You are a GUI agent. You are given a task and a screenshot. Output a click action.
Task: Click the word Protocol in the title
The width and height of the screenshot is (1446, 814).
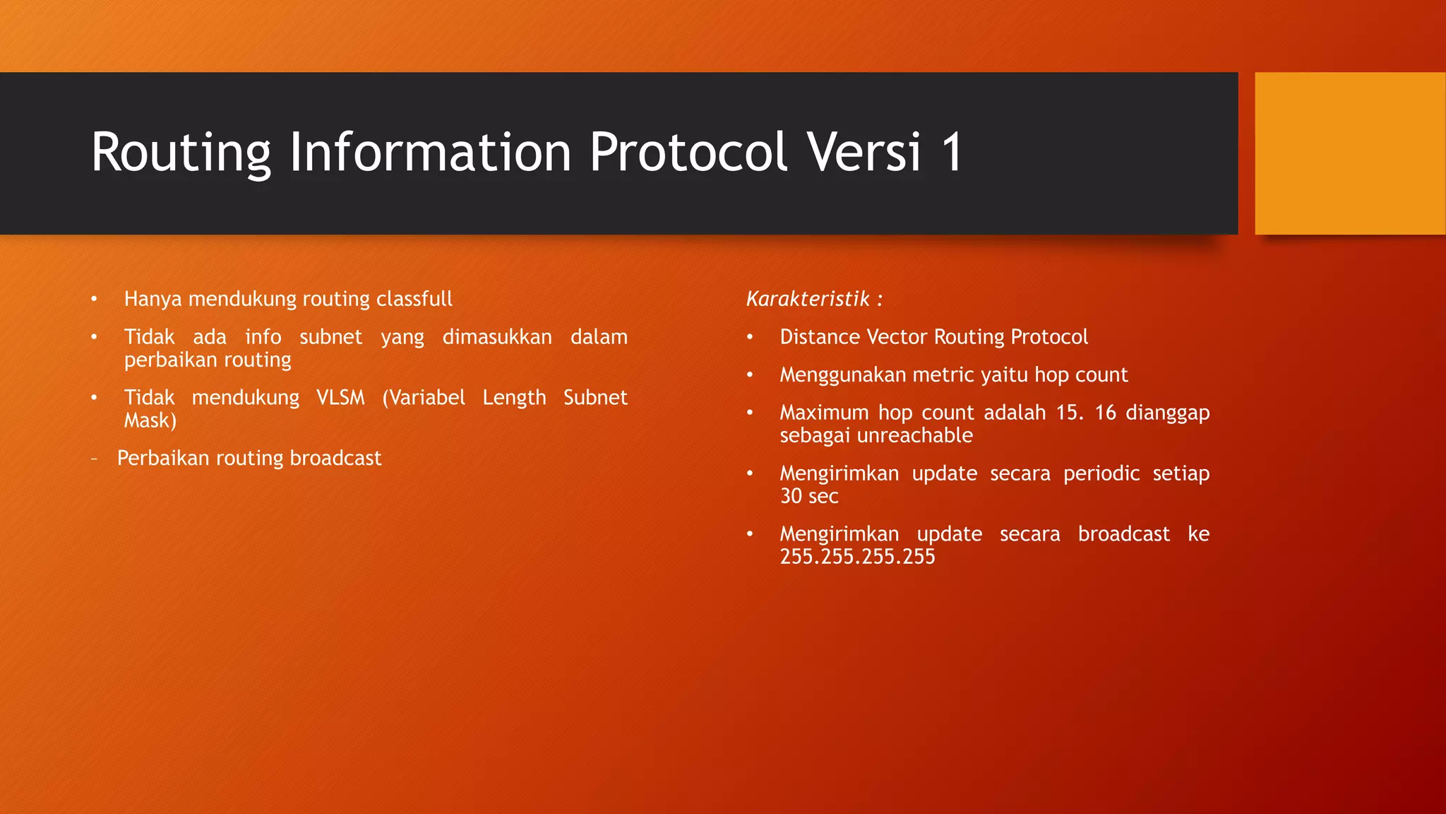[x=688, y=152]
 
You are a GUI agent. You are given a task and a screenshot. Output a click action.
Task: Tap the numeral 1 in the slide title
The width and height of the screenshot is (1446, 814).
[x=952, y=152]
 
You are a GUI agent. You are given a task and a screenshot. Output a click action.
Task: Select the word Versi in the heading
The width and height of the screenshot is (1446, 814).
[x=864, y=152]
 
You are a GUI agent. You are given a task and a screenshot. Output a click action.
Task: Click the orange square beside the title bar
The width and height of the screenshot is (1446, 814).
[x=1349, y=153]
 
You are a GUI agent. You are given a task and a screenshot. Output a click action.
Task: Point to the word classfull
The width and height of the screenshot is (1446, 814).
[x=414, y=299]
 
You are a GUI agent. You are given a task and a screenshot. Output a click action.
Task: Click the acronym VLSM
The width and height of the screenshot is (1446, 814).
[x=340, y=398]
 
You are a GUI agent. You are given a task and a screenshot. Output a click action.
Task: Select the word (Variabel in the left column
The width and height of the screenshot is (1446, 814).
[x=424, y=398]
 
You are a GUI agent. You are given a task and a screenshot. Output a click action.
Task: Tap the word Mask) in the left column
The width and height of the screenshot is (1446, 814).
[x=150, y=420]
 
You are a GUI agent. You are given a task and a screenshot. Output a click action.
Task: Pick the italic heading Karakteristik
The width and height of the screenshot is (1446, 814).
[x=808, y=299]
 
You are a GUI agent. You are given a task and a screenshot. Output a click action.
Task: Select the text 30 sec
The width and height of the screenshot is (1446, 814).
[x=809, y=496]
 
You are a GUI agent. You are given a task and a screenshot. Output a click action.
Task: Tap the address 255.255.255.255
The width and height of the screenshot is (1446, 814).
[x=857, y=557]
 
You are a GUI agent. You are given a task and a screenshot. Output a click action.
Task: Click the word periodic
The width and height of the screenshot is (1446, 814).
[x=1101, y=473]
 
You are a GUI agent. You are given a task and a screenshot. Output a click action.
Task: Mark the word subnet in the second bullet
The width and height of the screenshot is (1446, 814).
[x=330, y=337]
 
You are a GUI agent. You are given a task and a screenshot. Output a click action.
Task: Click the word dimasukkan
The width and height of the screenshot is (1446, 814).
[x=497, y=337]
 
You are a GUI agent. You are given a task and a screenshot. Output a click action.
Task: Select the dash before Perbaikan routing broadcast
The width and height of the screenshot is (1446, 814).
[x=94, y=459]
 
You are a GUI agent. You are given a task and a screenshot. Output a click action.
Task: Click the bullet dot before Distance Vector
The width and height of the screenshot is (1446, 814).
[x=750, y=337]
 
